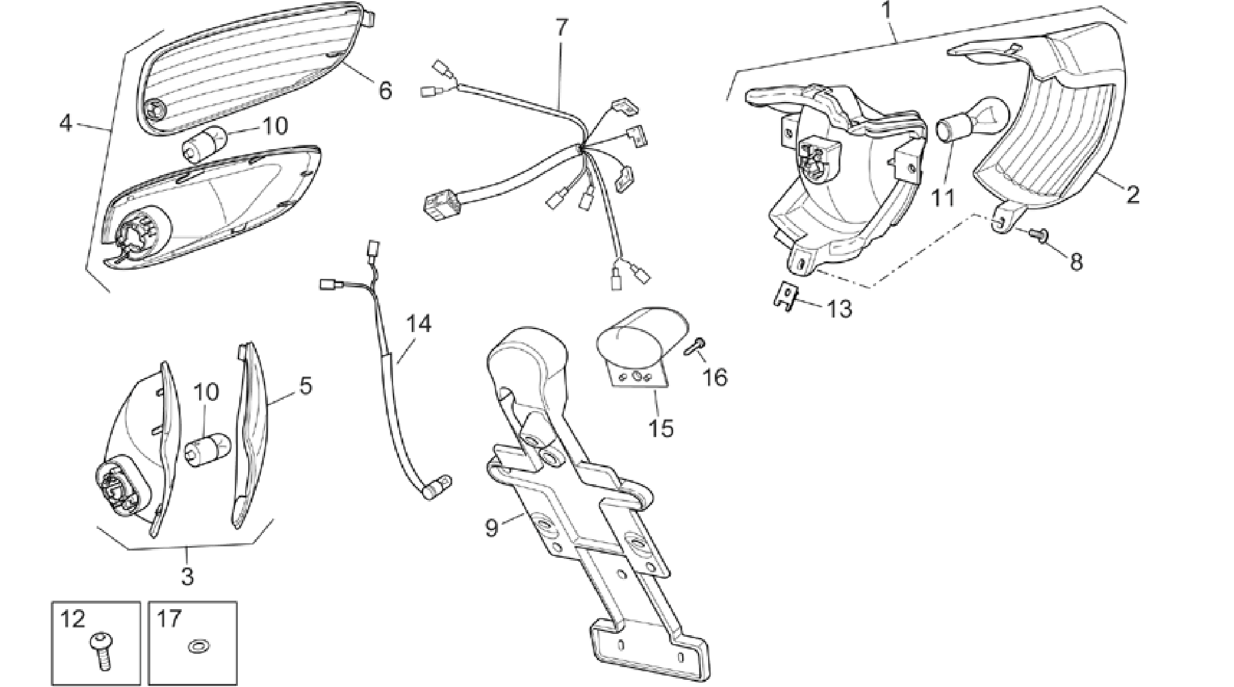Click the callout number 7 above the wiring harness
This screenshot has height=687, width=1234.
coord(561,28)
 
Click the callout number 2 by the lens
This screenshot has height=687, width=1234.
coord(1132,195)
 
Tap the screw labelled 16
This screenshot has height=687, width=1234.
coord(695,347)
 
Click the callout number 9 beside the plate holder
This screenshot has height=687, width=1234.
coord(492,528)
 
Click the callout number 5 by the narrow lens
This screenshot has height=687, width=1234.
coord(306,386)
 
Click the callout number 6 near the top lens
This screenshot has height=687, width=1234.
coord(385,91)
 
